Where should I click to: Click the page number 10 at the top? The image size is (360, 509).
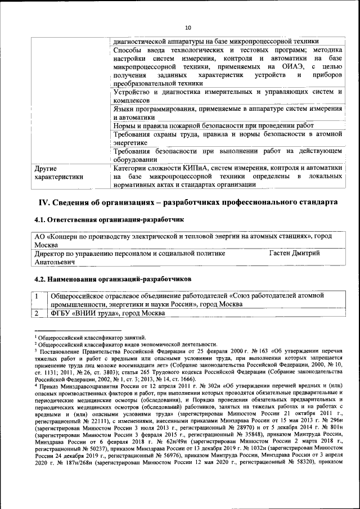[x=188, y=26]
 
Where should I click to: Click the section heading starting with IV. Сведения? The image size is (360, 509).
[x=188, y=202]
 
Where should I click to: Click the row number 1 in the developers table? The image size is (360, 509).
[x=37, y=295]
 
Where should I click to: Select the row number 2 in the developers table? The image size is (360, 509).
[x=37, y=313]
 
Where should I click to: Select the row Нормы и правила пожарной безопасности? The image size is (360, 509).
[x=213, y=125]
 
